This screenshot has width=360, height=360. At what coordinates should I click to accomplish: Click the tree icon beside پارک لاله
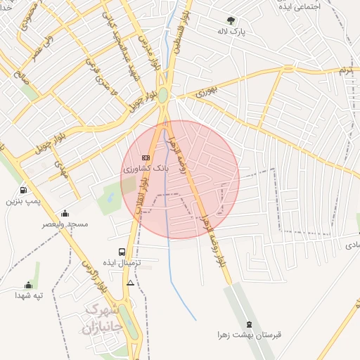232,20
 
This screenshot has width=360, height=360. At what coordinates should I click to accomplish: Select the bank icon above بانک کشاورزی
146,157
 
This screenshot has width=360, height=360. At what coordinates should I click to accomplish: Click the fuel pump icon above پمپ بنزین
24,190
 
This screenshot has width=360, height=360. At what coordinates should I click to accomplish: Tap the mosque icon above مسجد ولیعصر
65,214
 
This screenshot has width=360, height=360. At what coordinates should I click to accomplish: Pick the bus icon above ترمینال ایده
123,251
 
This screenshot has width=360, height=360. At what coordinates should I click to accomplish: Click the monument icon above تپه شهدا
29,285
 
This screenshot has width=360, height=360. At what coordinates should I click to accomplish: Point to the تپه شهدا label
29,295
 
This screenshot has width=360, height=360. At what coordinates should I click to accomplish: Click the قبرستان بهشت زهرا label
250,335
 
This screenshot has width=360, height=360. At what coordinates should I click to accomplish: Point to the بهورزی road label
209,91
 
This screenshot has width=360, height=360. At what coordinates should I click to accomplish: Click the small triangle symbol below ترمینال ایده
130,283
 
